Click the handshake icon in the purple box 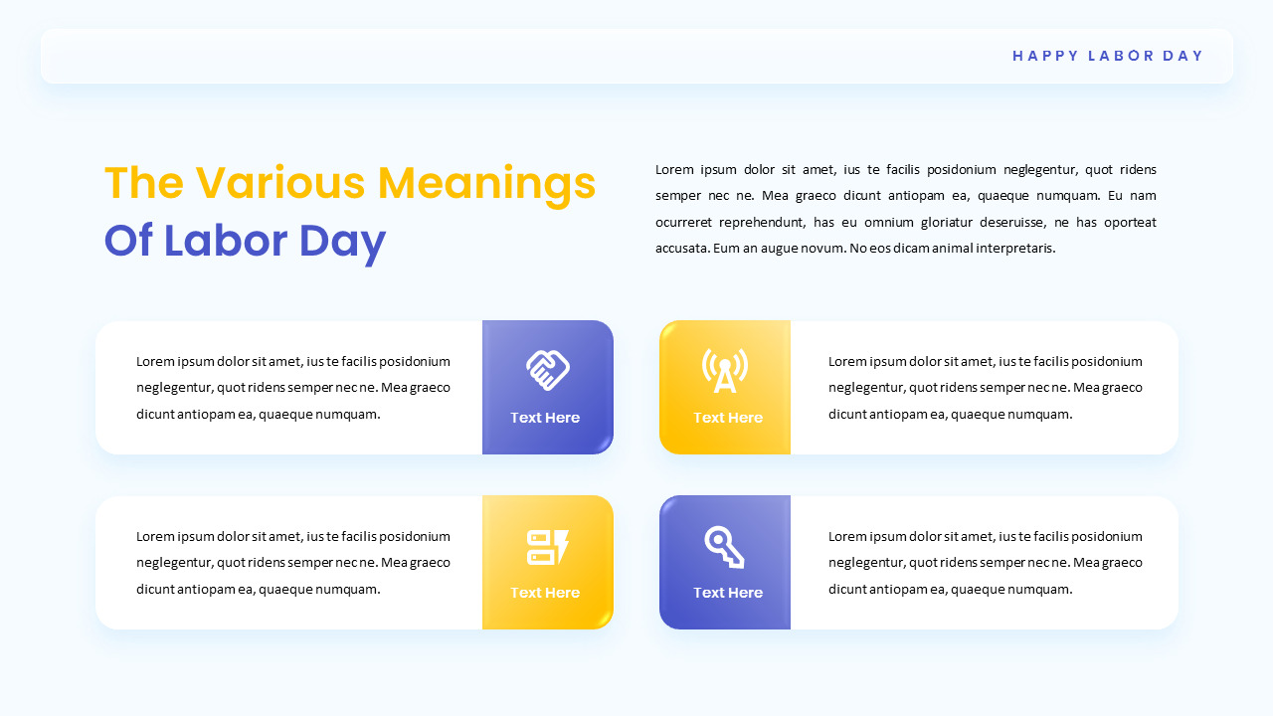point(547,370)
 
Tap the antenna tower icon point(725,370)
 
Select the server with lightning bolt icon point(547,547)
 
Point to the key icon point(724,547)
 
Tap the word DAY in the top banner point(1183,56)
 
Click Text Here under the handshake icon point(545,418)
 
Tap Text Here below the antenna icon point(728,418)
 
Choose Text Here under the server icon point(545,593)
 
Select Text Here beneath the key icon point(728,593)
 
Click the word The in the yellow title point(144,184)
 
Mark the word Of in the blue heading point(128,242)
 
